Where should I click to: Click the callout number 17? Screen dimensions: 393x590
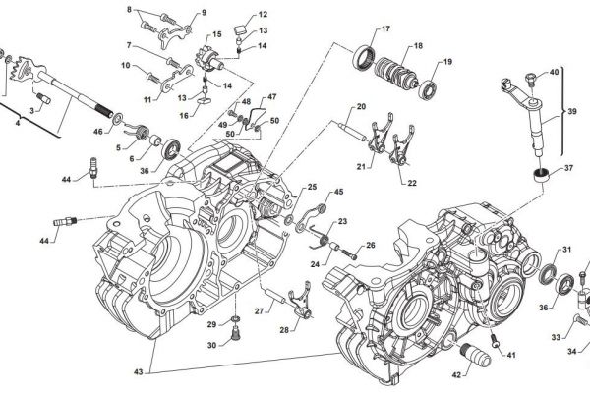click(x=384, y=28)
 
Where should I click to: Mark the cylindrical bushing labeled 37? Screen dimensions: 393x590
click(x=540, y=177)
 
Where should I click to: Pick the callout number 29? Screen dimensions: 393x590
click(x=210, y=323)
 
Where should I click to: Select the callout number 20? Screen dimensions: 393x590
click(x=361, y=106)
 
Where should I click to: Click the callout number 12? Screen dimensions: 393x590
click(x=263, y=15)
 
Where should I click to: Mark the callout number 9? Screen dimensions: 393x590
click(x=204, y=13)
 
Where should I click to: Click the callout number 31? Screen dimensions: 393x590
click(x=566, y=250)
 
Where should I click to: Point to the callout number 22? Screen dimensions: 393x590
click(x=412, y=182)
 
